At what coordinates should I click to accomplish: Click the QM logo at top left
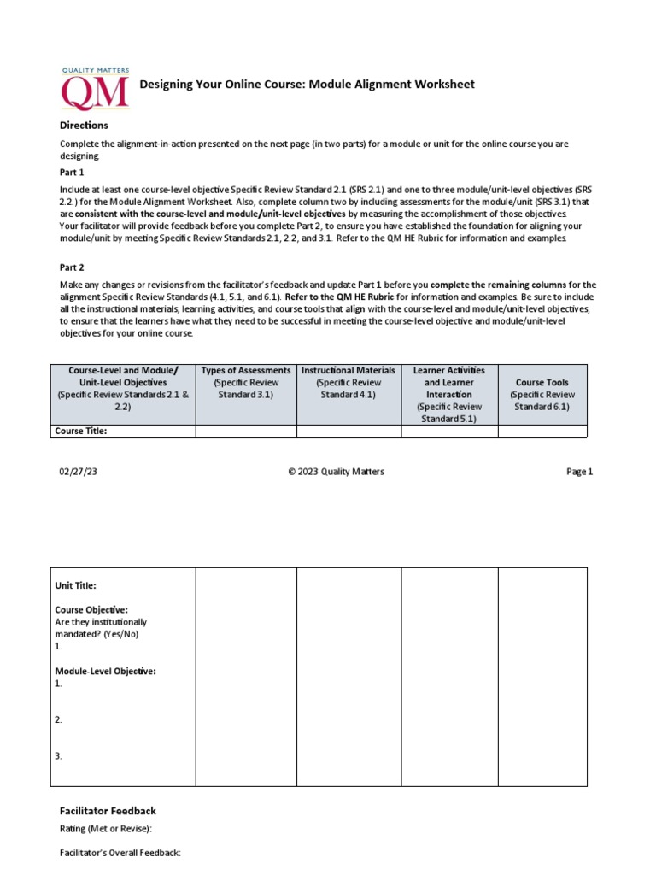coord(95,89)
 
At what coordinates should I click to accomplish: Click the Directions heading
coord(84,126)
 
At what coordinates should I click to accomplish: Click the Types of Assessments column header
coord(246,370)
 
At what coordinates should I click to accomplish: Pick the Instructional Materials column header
coord(348,370)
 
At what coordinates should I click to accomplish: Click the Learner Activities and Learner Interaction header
coord(449,383)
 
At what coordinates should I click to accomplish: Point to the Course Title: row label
coord(81,432)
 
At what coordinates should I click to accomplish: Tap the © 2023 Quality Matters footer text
coord(336,472)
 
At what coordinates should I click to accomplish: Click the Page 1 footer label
coord(579,472)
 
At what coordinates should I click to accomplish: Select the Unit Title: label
coord(76,585)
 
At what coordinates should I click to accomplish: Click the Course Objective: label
coord(91,610)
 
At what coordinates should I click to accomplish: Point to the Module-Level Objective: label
coord(105,672)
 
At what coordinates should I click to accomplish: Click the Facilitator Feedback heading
coord(108,811)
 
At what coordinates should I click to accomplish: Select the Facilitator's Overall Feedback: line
coord(120,853)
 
